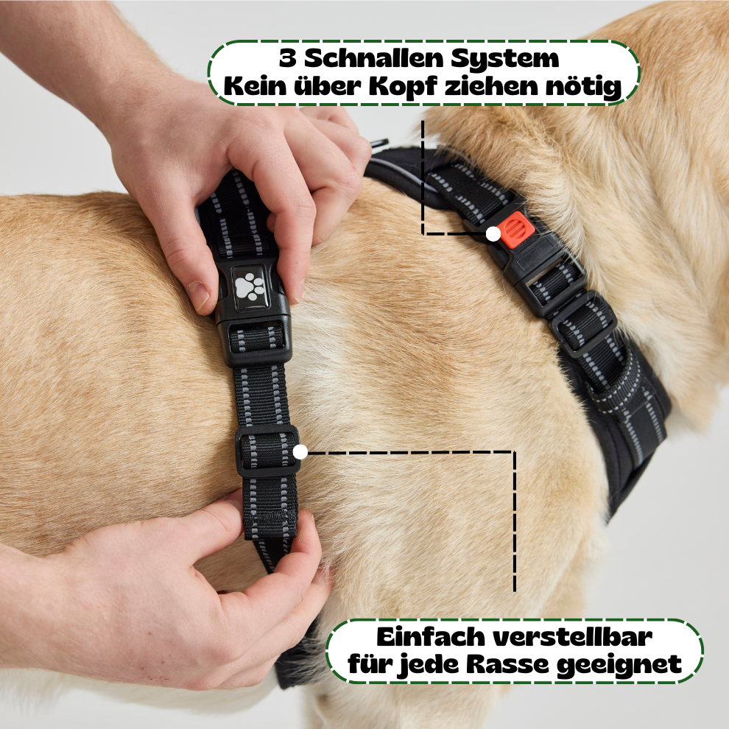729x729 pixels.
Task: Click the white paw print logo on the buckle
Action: tap(250, 286)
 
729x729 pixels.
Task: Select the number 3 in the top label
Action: tap(288, 59)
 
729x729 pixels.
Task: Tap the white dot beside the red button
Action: tap(493, 234)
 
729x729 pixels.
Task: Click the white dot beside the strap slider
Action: tap(300, 451)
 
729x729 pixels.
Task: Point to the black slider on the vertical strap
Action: tap(267, 451)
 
